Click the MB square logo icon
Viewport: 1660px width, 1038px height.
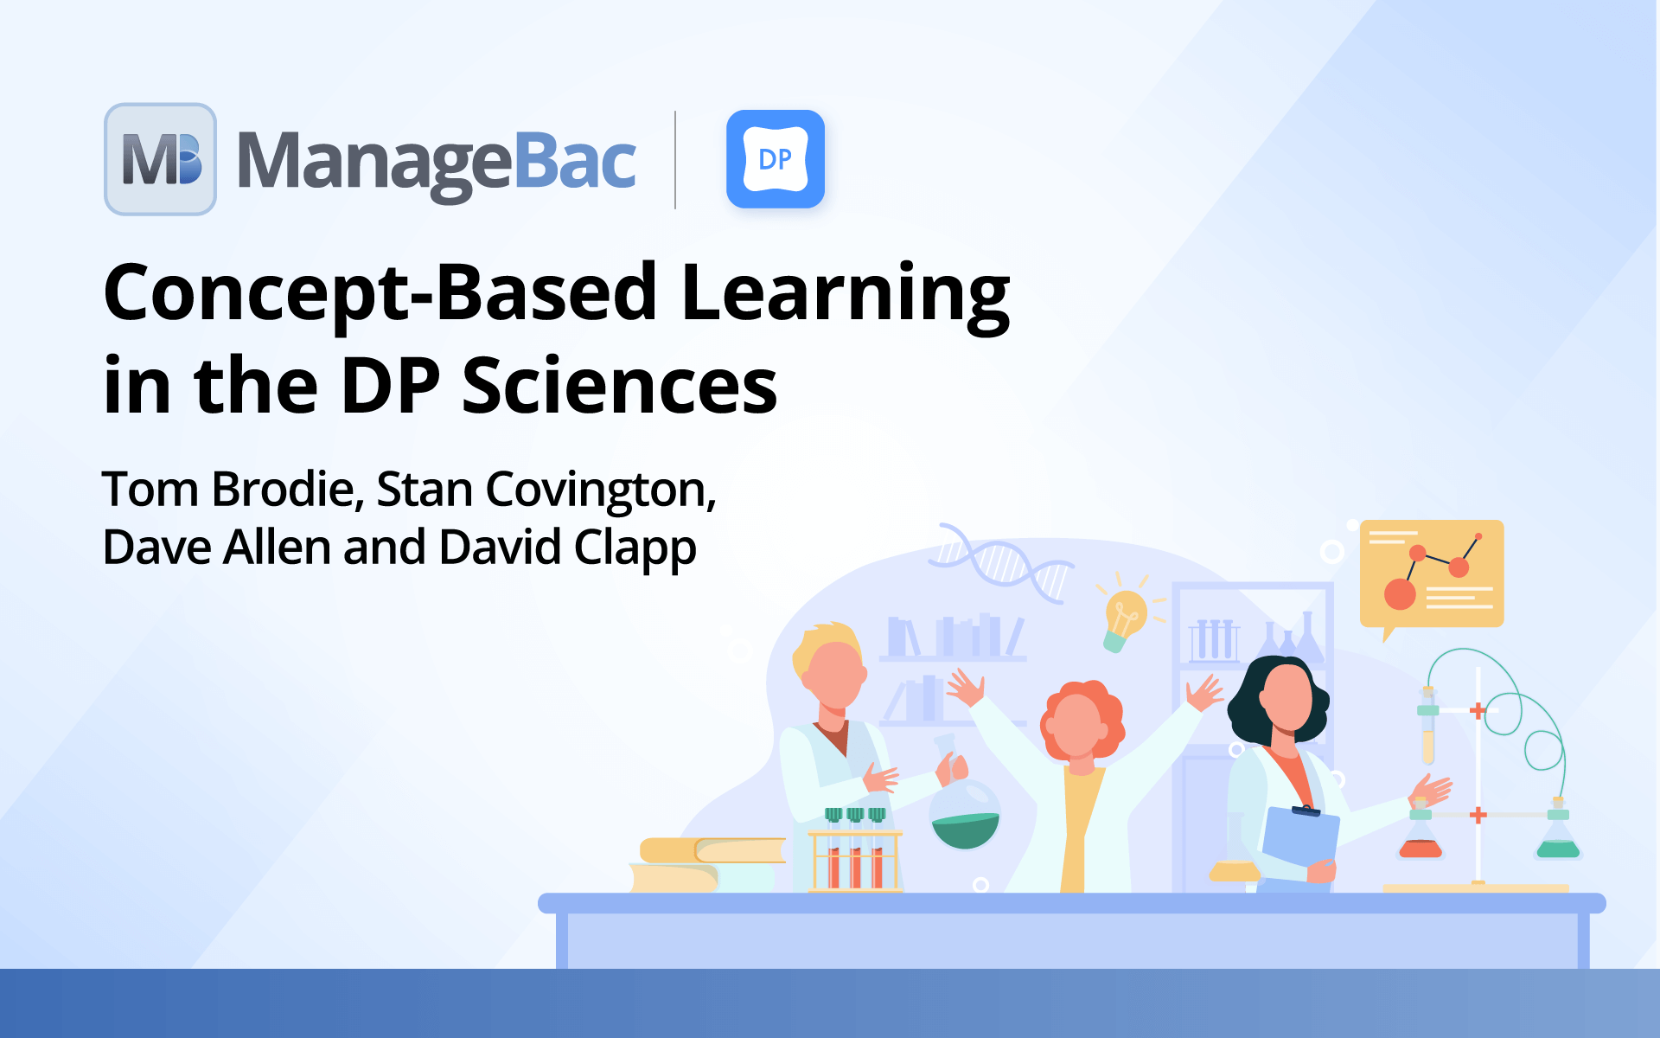[161, 159]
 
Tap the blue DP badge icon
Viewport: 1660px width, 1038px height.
[776, 159]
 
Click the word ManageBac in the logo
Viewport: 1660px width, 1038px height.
[437, 162]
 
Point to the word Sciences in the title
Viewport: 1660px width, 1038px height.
[619, 386]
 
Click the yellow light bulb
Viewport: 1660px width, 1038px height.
[1125, 615]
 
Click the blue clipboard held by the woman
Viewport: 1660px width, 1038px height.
[1300, 838]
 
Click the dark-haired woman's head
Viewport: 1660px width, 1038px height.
[1282, 701]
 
